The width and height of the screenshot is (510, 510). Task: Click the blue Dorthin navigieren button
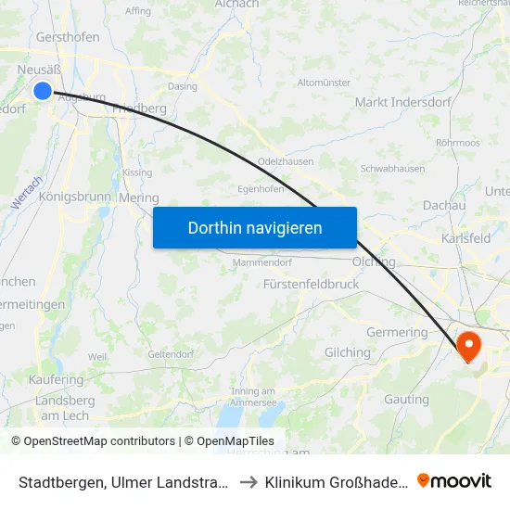[255, 227]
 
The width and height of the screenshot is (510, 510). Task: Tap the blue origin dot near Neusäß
[43, 90]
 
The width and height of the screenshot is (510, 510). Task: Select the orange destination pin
[469, 345]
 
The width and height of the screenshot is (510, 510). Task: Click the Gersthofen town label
[68, 38]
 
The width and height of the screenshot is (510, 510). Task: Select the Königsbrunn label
[75, 197]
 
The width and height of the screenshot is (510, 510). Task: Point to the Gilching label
[348, 352]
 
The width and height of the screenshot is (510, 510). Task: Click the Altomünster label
[324, 83]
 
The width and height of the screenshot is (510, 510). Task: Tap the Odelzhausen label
[284, 160]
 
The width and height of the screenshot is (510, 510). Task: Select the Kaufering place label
[57, 380]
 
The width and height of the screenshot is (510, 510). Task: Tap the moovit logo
[454, 480]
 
